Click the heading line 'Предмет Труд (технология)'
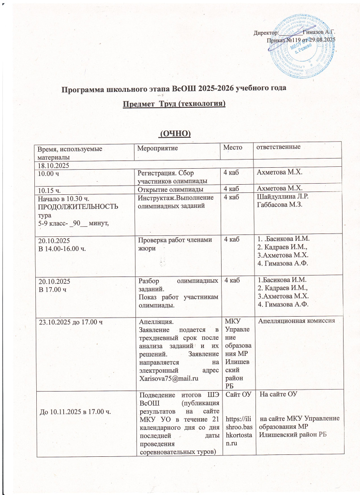[174, 104]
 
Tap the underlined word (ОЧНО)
[176, 133]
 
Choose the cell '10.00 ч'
[49, 173]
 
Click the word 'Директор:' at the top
[267, 32]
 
